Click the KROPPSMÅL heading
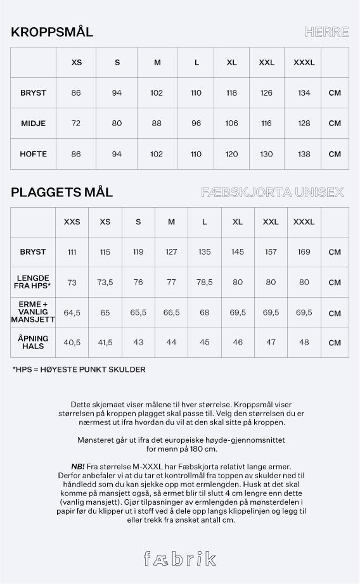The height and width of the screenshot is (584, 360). pos(52,32)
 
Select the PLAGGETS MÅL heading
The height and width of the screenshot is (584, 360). pos(61,192)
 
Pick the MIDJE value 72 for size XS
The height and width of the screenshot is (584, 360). pos(76,124)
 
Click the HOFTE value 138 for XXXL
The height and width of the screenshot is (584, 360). pos(304,154)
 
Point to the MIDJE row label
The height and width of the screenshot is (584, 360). pos(33,124)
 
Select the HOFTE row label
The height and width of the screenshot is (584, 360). pos(33,154)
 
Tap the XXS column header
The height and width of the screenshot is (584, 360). pos(72,222)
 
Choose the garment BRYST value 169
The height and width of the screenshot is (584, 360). pos(304,252)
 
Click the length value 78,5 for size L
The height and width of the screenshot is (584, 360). pos(204,282)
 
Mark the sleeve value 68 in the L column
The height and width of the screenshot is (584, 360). pos(204,313)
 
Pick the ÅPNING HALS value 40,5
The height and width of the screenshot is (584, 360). pos(72,343)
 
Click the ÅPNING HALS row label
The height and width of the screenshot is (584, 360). pos(33,343)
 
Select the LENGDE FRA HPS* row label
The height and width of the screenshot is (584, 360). pos(33,282)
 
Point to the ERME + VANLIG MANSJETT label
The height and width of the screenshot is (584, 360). pos(33,313)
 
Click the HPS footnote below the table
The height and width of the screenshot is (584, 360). pos(79,369)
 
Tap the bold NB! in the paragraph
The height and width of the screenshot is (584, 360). pos(78,466)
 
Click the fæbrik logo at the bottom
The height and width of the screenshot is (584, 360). pos(179,558)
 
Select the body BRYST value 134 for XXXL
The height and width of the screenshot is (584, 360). pos(304,93)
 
